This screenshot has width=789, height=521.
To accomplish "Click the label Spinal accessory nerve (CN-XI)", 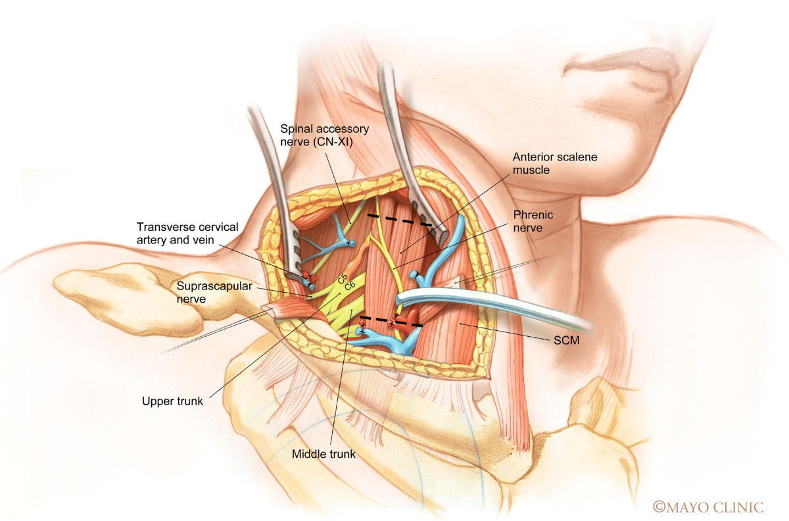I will (324, 135).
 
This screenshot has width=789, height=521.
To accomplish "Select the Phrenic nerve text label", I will (533, 221).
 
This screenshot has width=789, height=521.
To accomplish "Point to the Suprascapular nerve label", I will (208, 292).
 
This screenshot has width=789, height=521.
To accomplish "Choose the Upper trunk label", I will (173, 401).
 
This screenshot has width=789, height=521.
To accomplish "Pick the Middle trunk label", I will (323, 454).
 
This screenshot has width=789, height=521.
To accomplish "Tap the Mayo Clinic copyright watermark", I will (708, 507).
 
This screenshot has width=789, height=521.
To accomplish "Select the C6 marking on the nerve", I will (350, 286).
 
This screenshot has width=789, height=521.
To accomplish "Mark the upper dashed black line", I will (399, 220).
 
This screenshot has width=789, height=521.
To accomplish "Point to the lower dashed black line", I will (392, 321).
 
